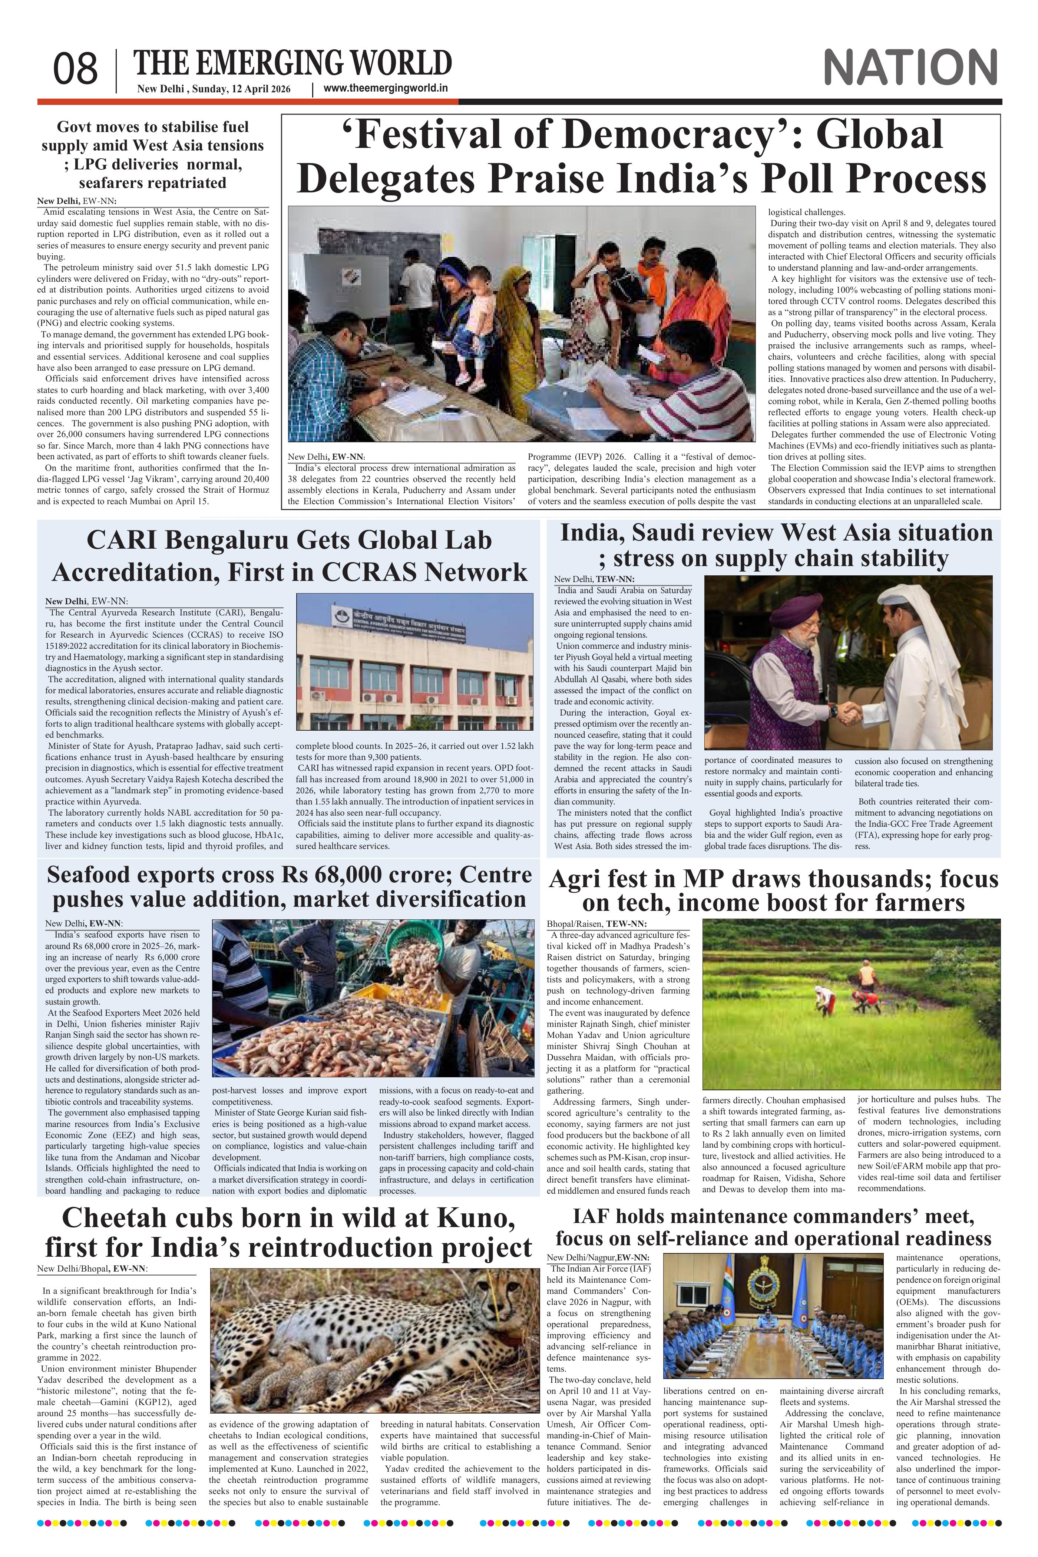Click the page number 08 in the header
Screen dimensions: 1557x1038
point(76,69)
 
